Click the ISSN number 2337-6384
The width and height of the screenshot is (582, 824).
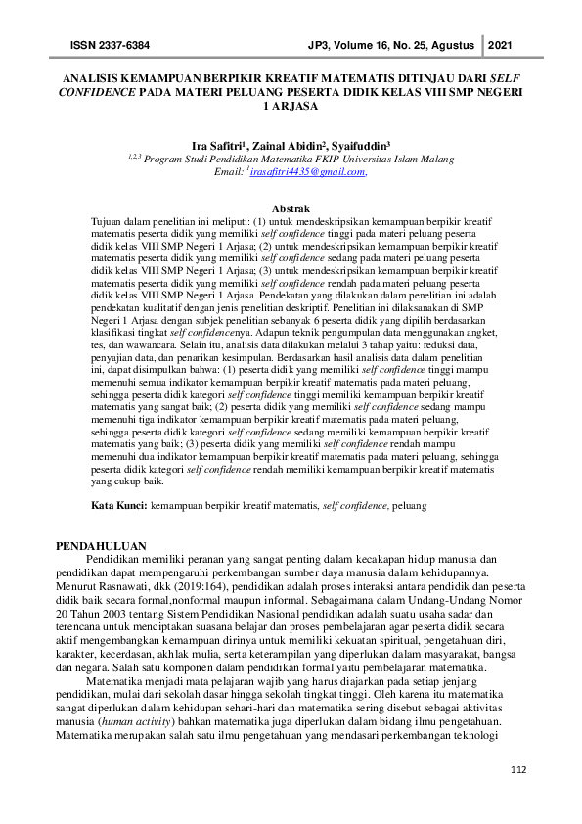point(124,46)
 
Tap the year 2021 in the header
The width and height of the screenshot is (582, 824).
point(499,46)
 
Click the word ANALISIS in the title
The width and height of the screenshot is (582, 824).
point(94,75)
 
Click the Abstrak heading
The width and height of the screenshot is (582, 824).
point(291,209)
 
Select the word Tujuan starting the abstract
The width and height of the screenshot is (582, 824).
point(109,222)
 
